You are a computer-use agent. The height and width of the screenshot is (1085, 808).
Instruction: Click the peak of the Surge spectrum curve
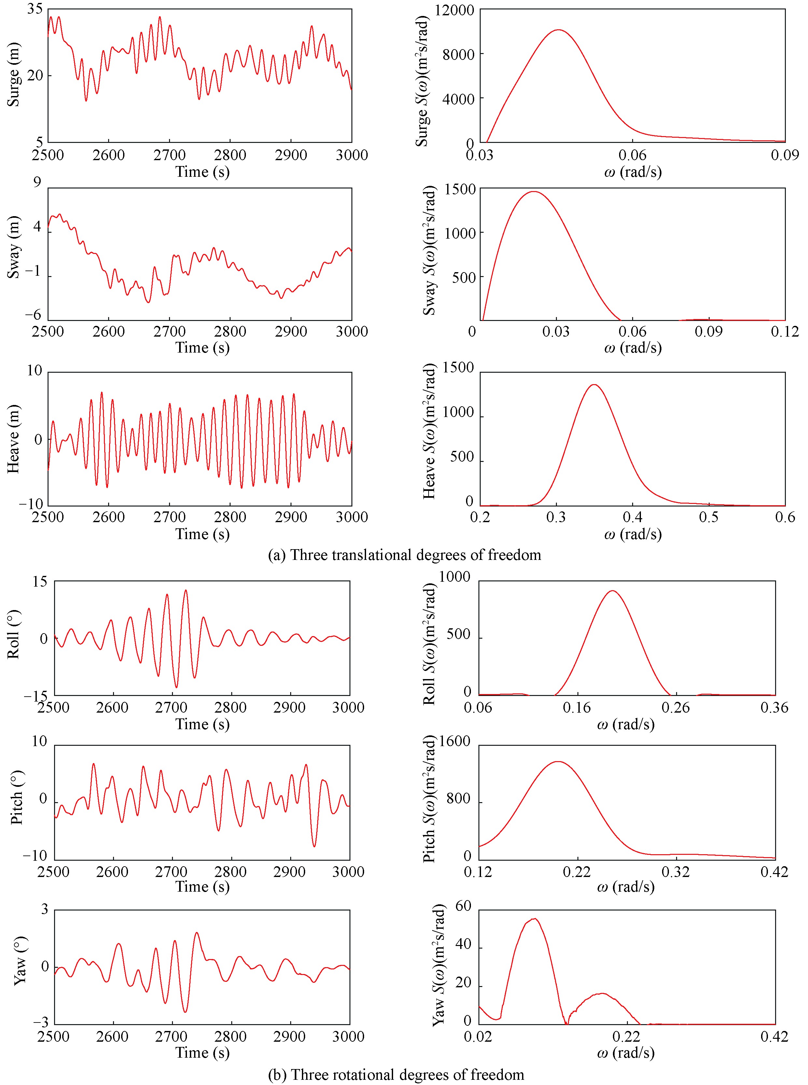click(558, 30)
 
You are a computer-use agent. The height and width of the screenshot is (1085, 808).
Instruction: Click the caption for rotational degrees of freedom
click(396, 1074)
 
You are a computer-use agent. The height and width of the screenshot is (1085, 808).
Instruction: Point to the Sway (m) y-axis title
click(14, 247)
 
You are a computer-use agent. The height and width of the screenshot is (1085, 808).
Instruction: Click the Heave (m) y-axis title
click(14, 438)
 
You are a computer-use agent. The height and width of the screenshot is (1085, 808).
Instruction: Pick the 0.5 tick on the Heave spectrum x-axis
click(709, 517)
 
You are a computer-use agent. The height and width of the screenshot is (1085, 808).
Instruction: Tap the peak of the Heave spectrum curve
click(594, 385)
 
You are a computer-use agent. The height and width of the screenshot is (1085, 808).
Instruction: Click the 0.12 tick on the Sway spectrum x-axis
click(785, 331)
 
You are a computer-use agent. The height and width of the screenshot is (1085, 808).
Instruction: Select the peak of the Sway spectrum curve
click(533, 192)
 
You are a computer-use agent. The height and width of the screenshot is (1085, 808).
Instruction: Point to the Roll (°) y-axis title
click(14, 634)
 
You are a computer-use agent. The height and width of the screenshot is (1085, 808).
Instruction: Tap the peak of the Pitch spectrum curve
click(558, 761)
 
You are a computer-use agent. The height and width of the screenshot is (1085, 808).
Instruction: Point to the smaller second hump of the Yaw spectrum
click(602, 993)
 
